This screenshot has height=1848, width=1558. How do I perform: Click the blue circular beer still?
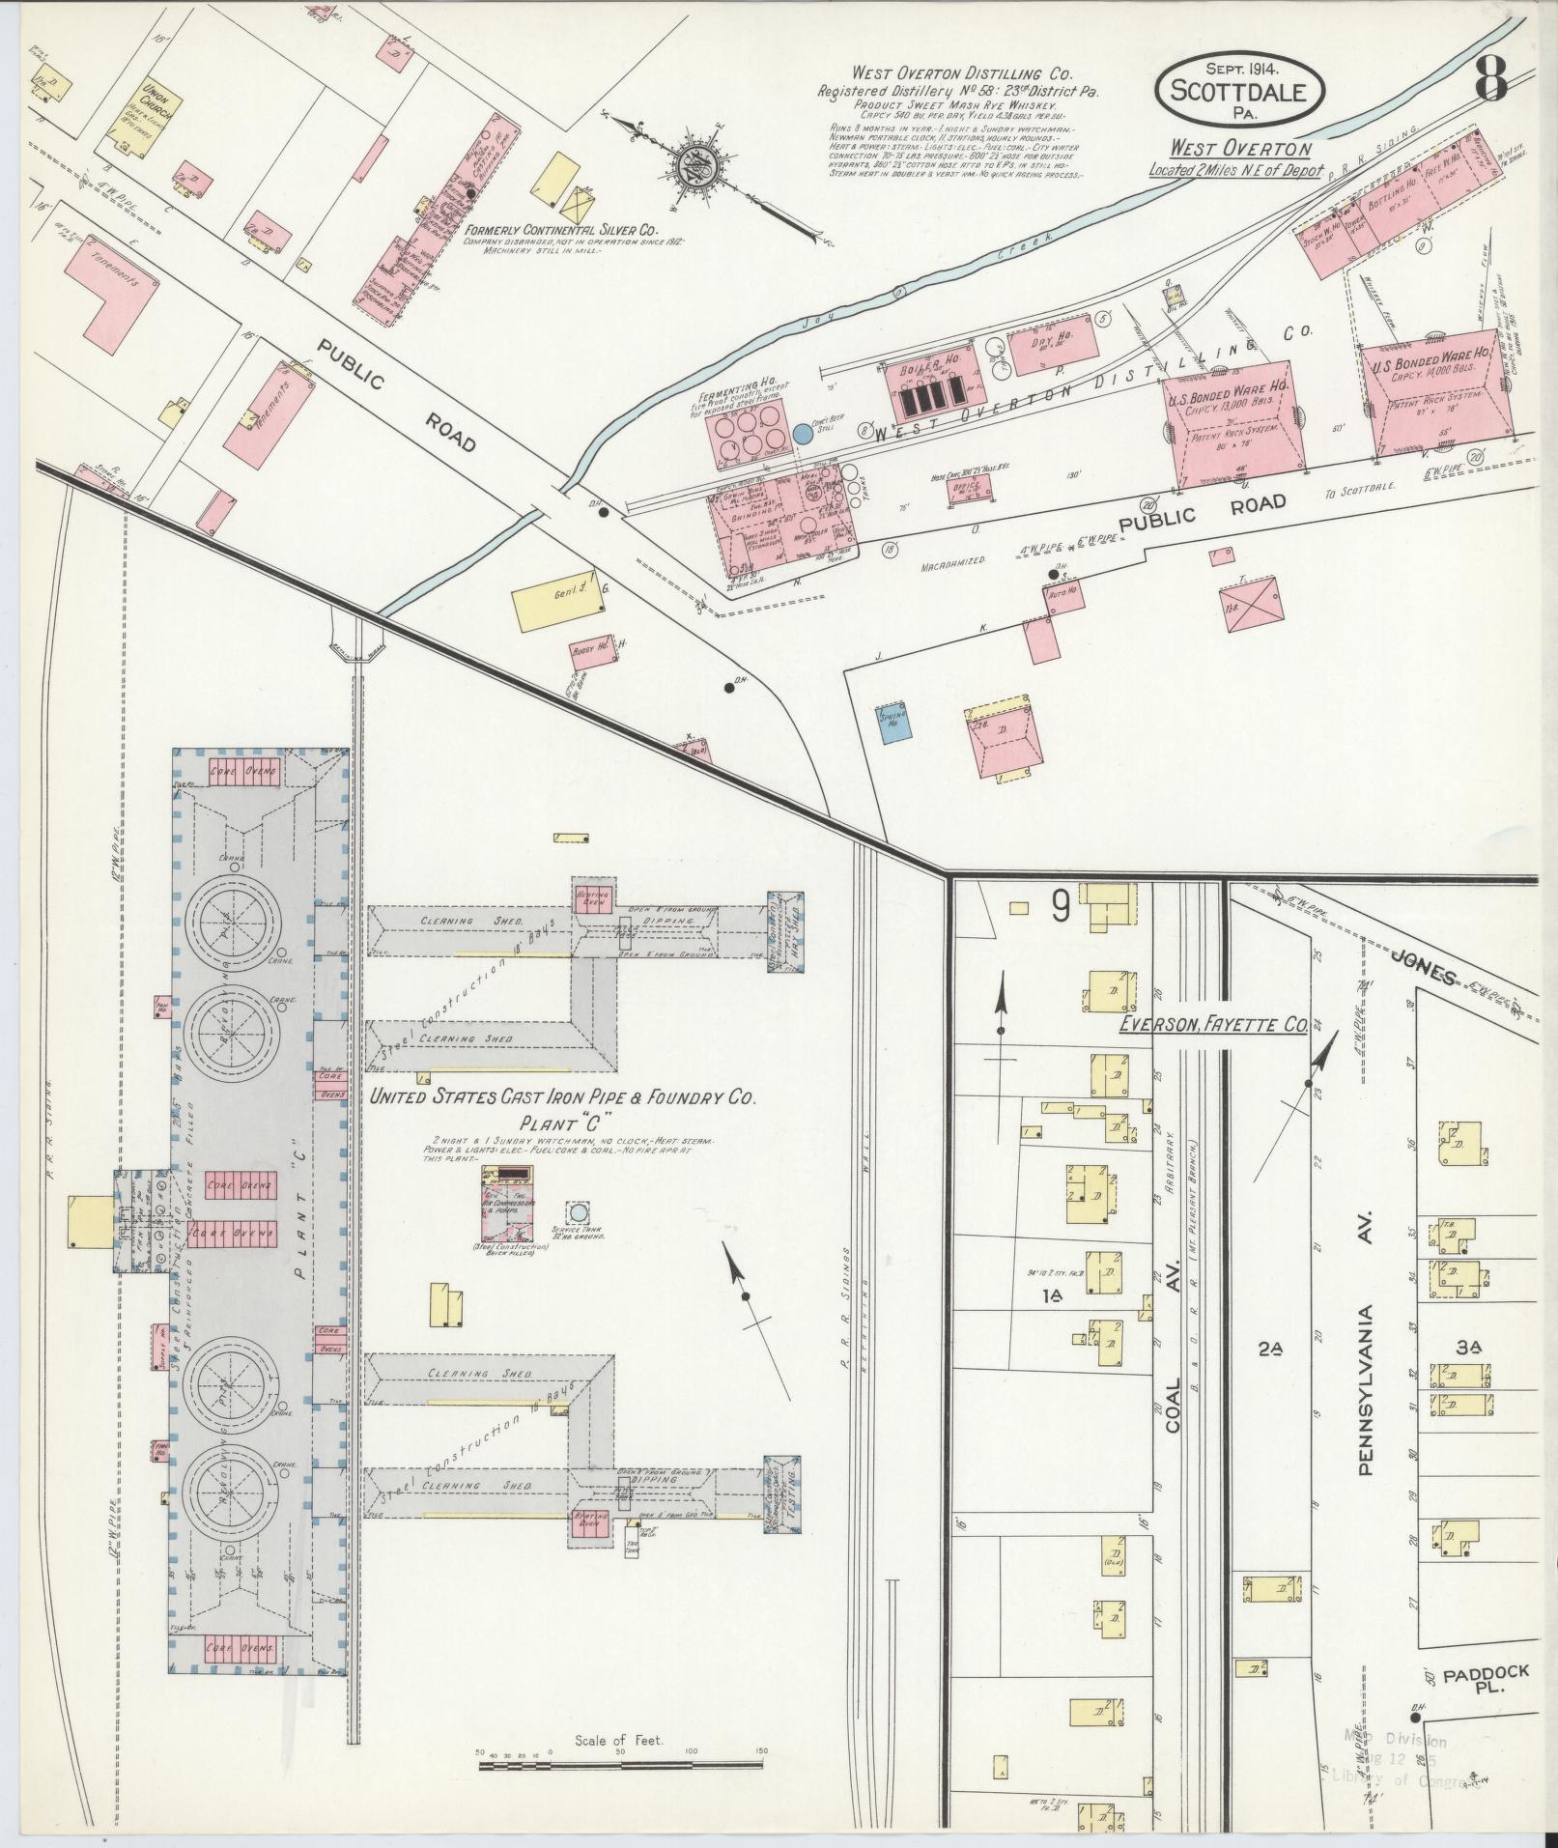802,435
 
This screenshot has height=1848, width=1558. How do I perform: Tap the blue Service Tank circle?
578,1211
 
